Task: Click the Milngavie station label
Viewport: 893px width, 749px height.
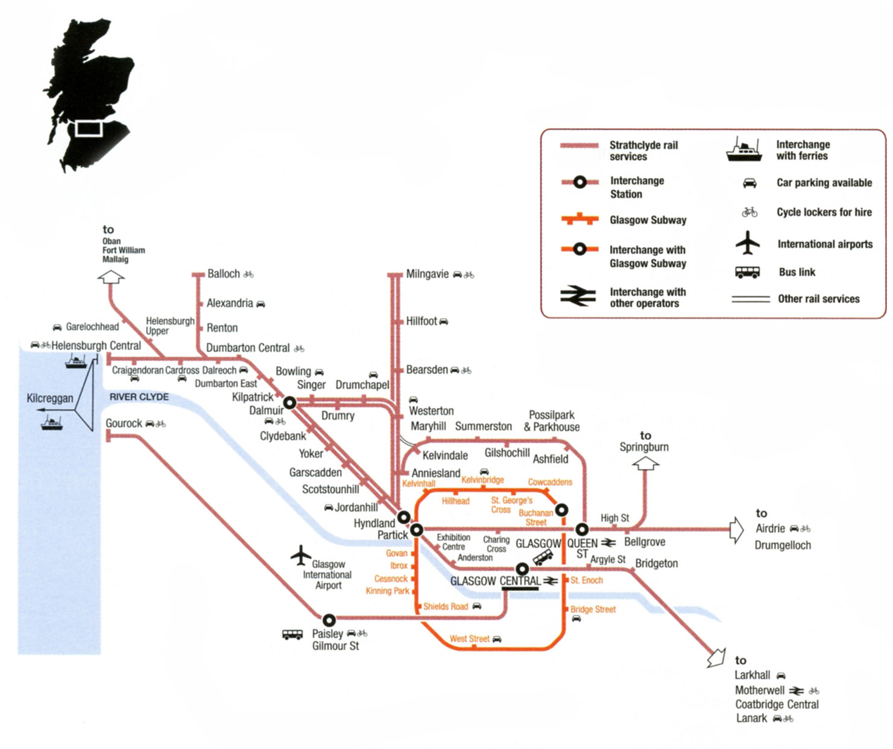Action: coord(427,274)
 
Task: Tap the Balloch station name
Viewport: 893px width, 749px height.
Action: coord(223,274)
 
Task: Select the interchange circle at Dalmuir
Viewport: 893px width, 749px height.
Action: coord(289,403)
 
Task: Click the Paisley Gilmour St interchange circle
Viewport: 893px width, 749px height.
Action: coord(329,619)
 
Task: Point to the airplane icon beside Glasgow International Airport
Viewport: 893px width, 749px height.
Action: coord(300,556)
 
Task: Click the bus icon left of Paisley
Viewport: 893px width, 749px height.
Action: coord(292,635)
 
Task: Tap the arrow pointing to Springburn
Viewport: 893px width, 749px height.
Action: coord(645,463)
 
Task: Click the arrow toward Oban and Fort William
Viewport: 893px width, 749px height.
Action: coord(112,277)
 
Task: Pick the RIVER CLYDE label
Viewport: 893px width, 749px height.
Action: coord(139,397)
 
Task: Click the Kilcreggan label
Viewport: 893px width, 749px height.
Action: coord(49,398)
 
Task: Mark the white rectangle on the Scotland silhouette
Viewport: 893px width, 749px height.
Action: coord(88,128)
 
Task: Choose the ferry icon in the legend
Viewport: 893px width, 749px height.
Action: coord(744,150)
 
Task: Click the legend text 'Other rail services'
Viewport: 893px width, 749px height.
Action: coord(818,299)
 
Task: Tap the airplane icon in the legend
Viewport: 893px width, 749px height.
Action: coord(747,243)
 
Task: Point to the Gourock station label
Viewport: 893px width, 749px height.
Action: coord(124,424)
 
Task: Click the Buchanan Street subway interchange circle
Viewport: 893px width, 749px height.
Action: coord(561,510)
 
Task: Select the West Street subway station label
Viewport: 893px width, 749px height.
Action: coord(469,639)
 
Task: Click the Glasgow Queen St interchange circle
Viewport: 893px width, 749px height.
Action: coord(582,530)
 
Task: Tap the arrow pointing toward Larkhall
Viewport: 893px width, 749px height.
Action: coord(716,657)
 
